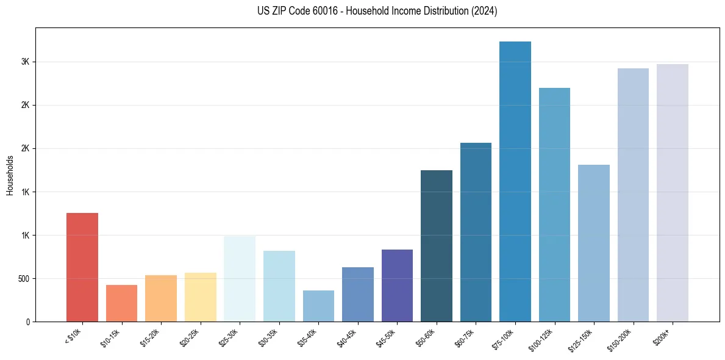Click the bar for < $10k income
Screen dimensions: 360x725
(x=82, y=267)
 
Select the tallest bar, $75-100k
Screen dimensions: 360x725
(x=515, y=181)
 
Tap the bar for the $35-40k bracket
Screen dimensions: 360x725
(x=318, y=306)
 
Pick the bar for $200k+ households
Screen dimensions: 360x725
(x=673, y=193)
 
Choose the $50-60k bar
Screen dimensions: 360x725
(x=437, y=246)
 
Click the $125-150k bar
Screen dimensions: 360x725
(x=594, y=243)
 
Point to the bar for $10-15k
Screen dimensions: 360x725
(x=121, y=303)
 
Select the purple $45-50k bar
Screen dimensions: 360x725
(x=397, y=286)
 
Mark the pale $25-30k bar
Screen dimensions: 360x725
(x=240, y=279)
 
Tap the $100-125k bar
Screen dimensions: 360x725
(x=554, y=204)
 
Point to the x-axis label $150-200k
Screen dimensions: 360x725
(x=620, y=338)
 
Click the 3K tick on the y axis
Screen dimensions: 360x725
(x=26, y=62)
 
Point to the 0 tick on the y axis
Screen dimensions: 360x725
(x=28, y=322)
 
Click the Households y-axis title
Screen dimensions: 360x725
(x=10, y=175)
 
